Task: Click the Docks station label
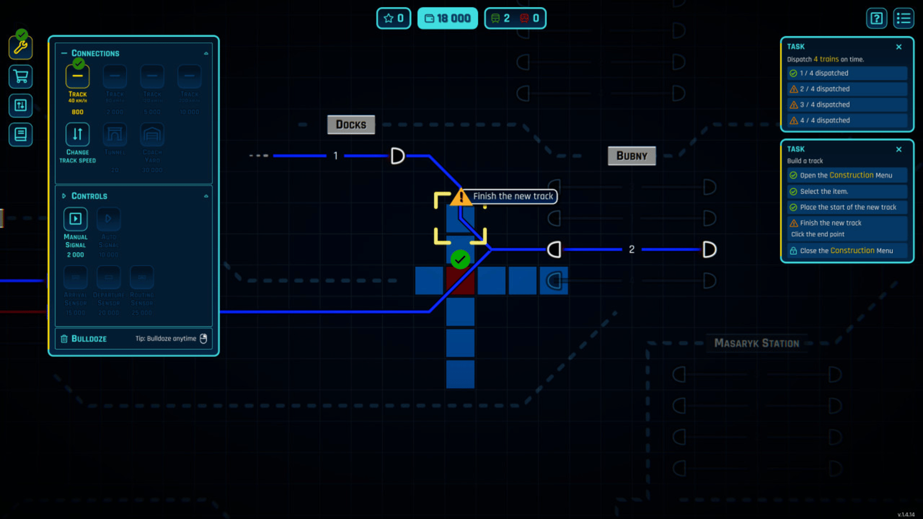click(351, 124)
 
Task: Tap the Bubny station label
click(632, 156)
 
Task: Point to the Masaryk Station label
click(756, 343)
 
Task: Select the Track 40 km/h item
click(77, 77)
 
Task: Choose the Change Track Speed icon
click(77, 135)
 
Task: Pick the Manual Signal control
click(75, 219)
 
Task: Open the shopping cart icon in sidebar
click(21, 76)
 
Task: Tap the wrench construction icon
click(21, 47)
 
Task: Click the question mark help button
click(876, 18)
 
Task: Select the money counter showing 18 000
click(447, 18)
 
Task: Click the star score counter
click(393, 18)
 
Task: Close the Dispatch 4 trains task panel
click(898, 47)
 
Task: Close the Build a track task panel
click(898, 149)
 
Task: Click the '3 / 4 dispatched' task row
click(847, 105)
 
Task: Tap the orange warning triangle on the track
click(461, 197)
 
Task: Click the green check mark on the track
click(460, 259)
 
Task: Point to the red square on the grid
click(460, 281)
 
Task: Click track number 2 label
click(632, 249)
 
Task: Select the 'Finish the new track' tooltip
click(513, 196)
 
